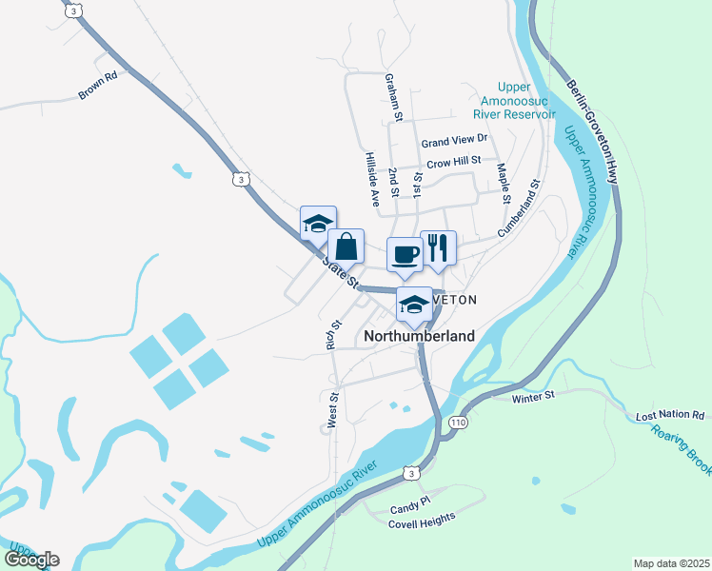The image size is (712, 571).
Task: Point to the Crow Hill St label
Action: pos(453,163)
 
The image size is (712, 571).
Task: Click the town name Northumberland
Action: pos(419,336)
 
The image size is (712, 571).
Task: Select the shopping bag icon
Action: pos(346,246)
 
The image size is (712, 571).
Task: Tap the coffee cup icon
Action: pos(405,254)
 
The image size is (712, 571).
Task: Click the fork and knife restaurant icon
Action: pos(438,247)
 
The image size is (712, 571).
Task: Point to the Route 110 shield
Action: pos(460,422)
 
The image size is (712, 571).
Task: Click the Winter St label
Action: pos(532,396)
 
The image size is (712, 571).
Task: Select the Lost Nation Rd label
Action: pos(670,416)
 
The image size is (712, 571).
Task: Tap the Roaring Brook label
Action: pos(682,446)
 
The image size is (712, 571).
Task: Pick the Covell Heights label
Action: pos(423,518)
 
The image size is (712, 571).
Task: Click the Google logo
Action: pos(31,559)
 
